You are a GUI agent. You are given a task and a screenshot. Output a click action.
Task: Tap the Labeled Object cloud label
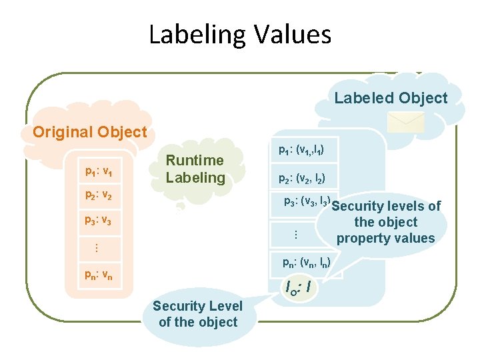point(391,98)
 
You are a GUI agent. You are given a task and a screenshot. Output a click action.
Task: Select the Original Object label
point(89,132)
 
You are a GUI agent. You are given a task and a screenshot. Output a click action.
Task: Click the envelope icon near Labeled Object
point(406,121)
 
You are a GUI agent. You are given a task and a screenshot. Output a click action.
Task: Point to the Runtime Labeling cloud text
point(195,169)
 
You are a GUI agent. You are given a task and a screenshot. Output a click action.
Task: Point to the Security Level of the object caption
point(198,314)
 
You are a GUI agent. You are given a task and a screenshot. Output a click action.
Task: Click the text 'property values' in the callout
point(385,238)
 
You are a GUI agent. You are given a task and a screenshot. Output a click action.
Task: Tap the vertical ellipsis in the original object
point(96,247)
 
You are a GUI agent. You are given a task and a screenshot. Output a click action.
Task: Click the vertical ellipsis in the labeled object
point(295,235)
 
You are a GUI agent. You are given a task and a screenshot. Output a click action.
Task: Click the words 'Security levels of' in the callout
point(387,206)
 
